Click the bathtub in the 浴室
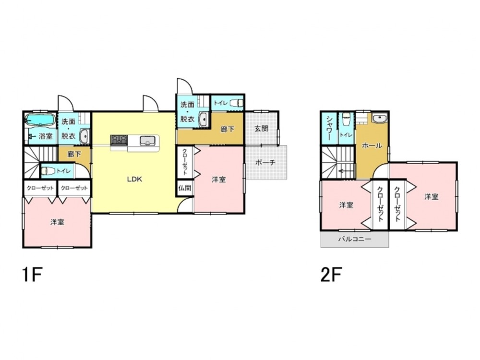pyautogui.click(x=40, y=120)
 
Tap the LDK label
pyautogui.click(x=135, y=180)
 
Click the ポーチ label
pyautogui.click(x=265, y=163)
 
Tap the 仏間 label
pyautogui.click(x=185, y=188)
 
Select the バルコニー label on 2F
pyautogui.click(x=355, y=239)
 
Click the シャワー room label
pyautogui.click(x=329, y=128)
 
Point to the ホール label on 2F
pyautogui.click(x=372, y=146)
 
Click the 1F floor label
pyautogui.click(x=32, y=275)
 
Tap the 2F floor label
pyautogui.click(x=331, y=275)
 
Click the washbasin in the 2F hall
pyautogui.click(x=380, y=118)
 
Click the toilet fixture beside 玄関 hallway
pyautogui.click(x=236, y=103)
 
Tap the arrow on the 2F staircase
pyautogui.click(x=345, y=171)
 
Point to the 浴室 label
pyautogui.click(x=46, y=136)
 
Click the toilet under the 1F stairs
pyautogui.click(x=48, y=171)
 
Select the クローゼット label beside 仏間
pyautogui.click(x=185, y=162)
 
